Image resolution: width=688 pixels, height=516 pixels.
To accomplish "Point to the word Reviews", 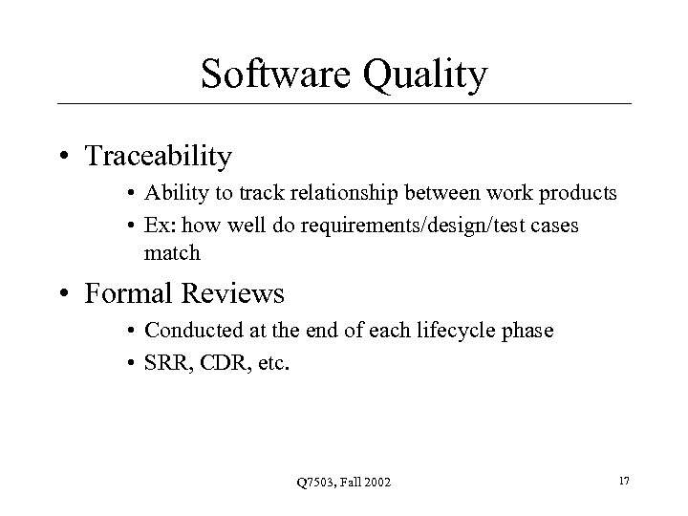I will tap(238, 292).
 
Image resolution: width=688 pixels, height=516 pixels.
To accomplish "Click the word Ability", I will tap(171, 194).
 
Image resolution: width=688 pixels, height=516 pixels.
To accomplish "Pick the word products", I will tap(579, 194).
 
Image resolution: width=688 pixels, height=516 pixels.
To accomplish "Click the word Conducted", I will tap(189, 331).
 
